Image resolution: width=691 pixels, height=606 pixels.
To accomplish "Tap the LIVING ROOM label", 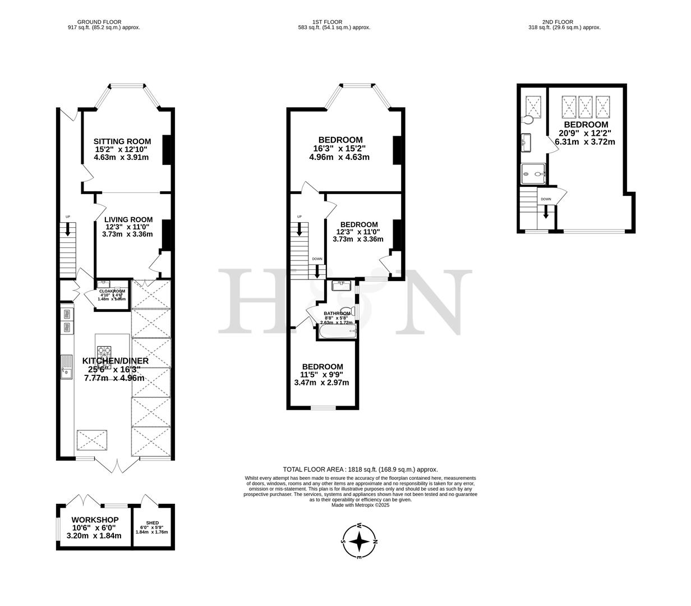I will (128, 219).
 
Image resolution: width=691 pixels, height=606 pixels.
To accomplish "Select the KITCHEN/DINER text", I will (116, 361).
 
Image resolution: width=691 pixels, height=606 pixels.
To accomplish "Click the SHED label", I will (152, 523).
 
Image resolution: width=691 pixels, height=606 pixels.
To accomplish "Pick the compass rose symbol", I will (359, 542).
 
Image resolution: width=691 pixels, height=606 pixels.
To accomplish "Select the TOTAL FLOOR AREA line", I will (360, 470).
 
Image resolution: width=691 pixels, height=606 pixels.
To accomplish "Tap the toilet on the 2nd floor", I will (527, 120).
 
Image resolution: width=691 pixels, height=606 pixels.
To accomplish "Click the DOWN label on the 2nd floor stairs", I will (546, 199).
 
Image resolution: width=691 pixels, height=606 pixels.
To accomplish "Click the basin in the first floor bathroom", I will (340, 286).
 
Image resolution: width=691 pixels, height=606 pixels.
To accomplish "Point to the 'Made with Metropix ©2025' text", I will (360, 504).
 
